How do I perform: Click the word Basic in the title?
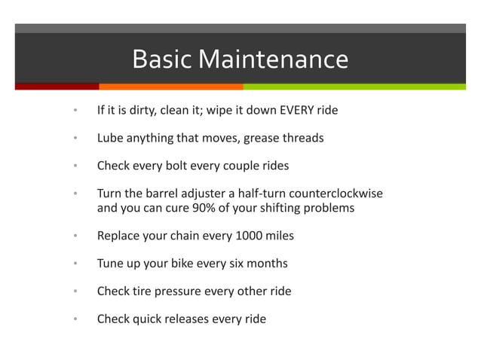(157, 59)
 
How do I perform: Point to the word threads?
(302, 139)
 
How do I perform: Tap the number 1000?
(249, 236)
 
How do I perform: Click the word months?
(265, 264)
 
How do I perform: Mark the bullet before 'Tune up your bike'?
(75, 264)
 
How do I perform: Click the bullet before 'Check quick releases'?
(75, 319)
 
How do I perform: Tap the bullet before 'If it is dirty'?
(75, 111)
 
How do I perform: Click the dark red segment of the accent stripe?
(57, 87)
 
